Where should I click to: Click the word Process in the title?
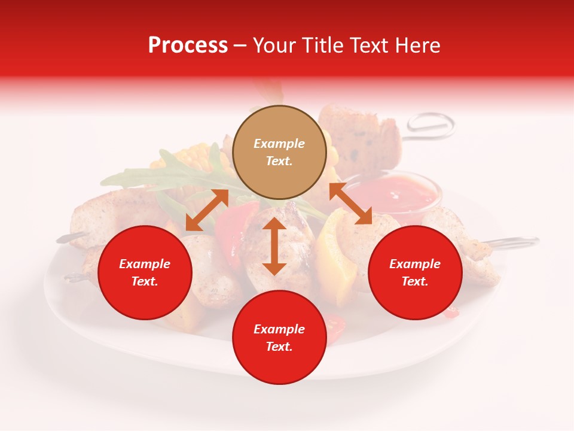188,45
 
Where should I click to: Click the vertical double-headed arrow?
274,246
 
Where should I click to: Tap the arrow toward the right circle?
350,204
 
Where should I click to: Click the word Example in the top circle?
279,144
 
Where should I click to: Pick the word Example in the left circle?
145,264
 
